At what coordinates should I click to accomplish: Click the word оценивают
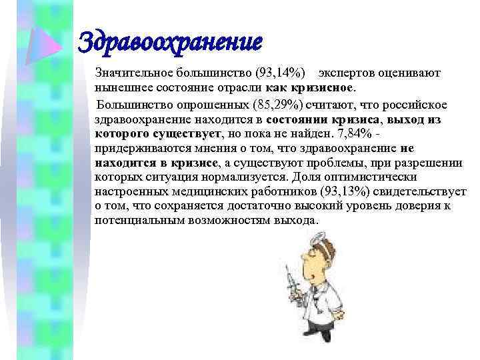pos(409,72)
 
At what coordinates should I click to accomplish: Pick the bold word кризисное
pos(325,87)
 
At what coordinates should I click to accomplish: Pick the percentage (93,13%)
pos(343,192)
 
